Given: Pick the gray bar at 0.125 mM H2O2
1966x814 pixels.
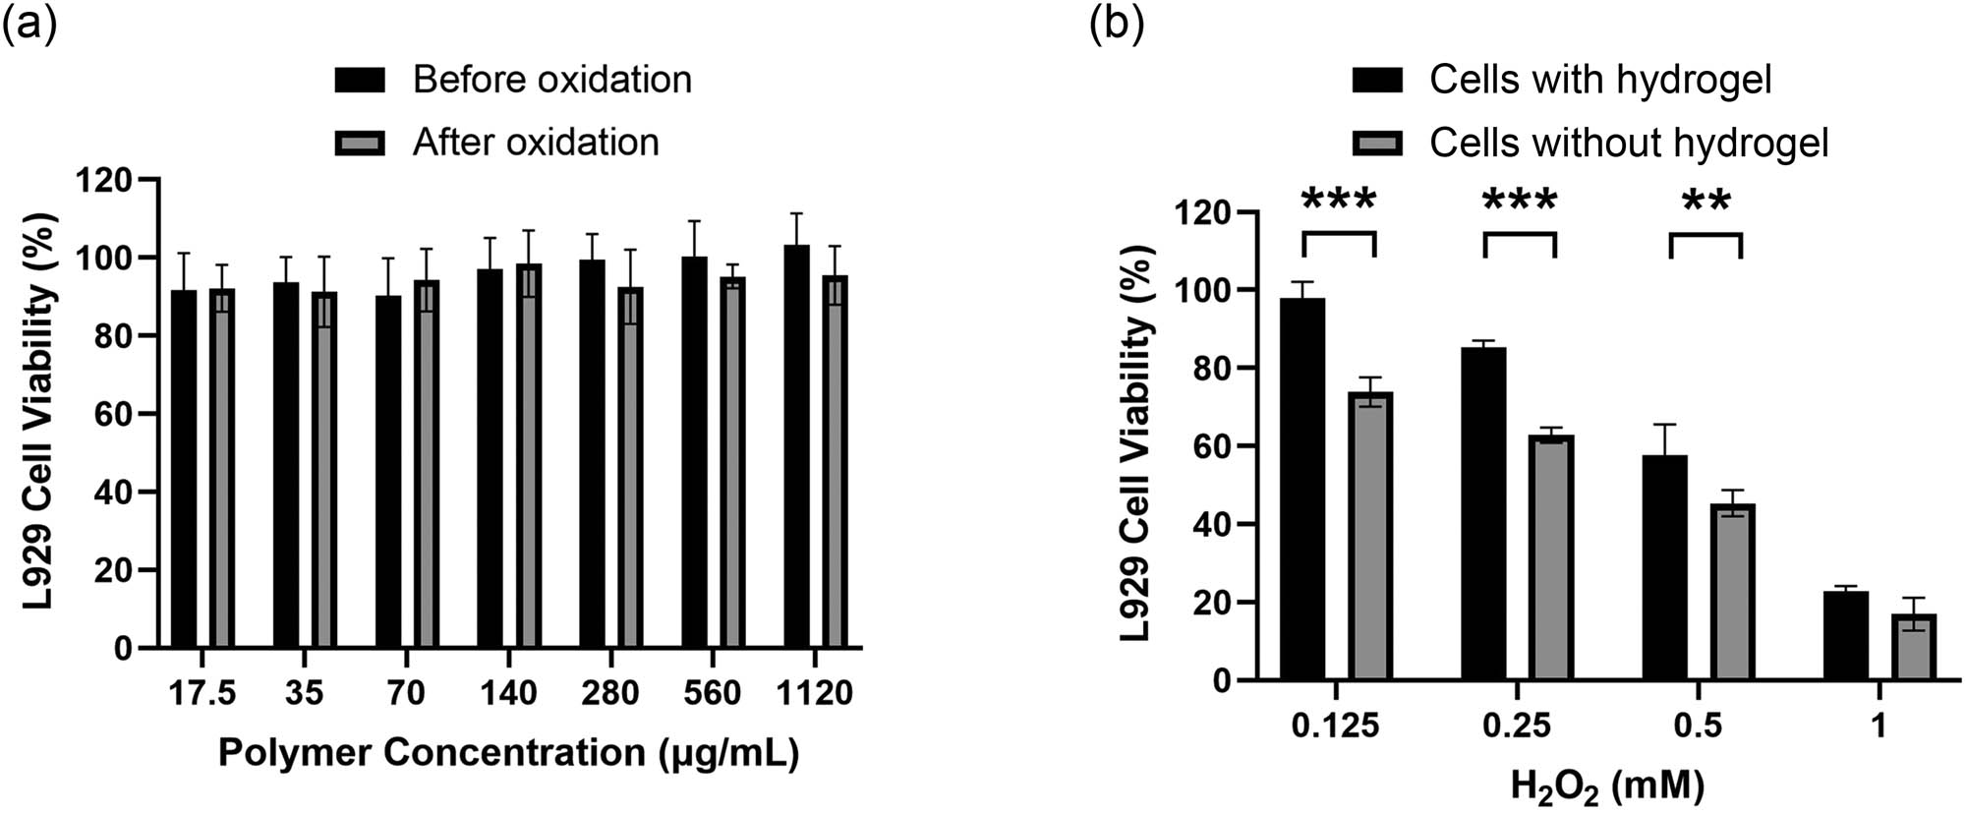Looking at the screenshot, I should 1370,536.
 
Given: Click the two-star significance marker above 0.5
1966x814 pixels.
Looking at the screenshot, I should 1706,203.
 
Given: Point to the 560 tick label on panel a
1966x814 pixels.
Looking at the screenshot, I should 712,694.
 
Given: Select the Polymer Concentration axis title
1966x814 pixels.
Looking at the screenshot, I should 508,753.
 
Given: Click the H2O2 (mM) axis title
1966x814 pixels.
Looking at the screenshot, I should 1607,785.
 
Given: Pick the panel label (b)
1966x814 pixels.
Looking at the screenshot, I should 1117,25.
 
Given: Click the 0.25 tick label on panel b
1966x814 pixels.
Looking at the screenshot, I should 1517,727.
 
